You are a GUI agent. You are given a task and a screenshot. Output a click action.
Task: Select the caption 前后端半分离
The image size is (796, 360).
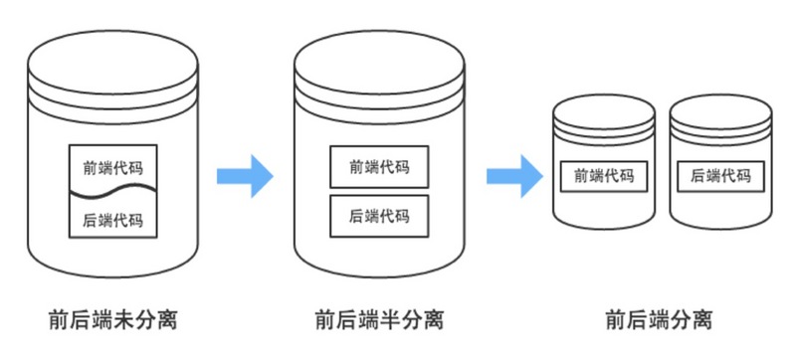pos(379,320)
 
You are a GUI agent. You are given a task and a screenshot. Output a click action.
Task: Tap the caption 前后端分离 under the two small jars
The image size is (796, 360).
pos(659,320)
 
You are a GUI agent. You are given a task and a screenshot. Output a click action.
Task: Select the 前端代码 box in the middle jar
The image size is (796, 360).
pos(379,167)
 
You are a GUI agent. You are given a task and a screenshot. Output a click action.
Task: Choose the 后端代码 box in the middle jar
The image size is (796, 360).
pos(379,215)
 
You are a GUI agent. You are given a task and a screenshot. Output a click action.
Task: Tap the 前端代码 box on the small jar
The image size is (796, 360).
pos(605,176)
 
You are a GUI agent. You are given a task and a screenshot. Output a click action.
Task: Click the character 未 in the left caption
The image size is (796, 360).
pos(124,320)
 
